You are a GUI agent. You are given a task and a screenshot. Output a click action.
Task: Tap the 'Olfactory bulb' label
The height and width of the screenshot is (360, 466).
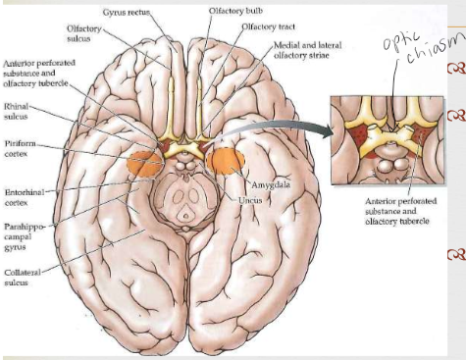235,11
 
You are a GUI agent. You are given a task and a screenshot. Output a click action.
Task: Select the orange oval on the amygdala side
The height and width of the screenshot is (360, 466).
227,162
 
